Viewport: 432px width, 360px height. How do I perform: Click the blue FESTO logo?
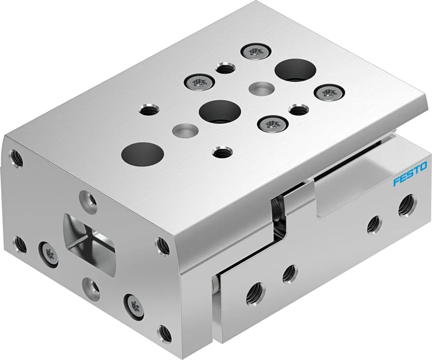pyautogui.click(x=410, y=174)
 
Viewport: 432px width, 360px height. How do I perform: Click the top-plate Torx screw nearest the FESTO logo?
pyautogui.click(x=327, y=92)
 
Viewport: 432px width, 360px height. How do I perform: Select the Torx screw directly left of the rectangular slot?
pyautogui.click(x=47, y=252)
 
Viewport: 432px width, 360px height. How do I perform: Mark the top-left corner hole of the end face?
pyautogui.click(x=16, y=157)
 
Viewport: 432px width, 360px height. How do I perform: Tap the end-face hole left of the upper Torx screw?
pyautogui.click(x=20, y=245)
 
